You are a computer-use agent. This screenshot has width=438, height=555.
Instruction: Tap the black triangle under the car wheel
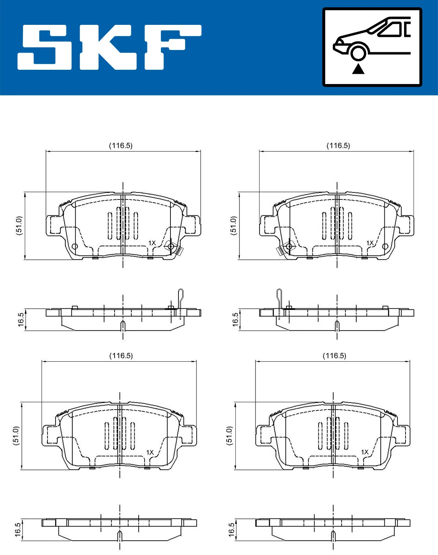pyautogui.click(x=358, y=69)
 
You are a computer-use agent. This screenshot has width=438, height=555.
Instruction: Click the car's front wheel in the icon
pyautogui.click(x=358, y=52)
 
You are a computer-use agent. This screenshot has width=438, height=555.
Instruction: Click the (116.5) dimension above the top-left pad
pyautogui.click(x=121, y=145)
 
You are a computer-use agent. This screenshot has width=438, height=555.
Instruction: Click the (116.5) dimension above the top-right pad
pyautogui.click(x=338, y=145)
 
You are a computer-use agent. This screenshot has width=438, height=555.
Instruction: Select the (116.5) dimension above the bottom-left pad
pyautogui.click(x=121, y=356)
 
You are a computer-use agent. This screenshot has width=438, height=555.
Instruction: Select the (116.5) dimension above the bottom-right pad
pyautogui.click(x=334, y=356)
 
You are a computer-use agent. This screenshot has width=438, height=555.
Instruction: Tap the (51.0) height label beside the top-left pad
pyautogui.click(x=19, y=225)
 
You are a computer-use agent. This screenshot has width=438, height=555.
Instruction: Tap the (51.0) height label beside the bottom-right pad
pyautogui.click(x=229, y=435)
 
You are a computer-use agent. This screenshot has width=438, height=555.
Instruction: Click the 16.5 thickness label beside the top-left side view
pyautogui.click(x=21, y=320)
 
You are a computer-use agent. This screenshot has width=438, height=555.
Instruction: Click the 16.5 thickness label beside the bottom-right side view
pyautogui.click(x=231, y=530)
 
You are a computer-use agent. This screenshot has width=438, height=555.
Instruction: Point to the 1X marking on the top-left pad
pyautogui.click(x=152, y=243)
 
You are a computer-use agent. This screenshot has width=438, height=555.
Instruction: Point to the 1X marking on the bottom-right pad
pyautogui.click(x=365, y=452)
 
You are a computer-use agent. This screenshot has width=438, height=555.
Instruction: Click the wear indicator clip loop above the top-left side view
pyautogui.click(x=181, y=294)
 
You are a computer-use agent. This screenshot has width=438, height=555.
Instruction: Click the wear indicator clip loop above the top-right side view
pyautogui.click(x=279, y=294)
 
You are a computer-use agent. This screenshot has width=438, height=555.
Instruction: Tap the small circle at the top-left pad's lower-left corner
pyautogui.click(x=74, y=246)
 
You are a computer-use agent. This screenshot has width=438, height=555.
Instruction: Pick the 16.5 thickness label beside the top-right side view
pyautogui.click(x=235, y=320)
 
